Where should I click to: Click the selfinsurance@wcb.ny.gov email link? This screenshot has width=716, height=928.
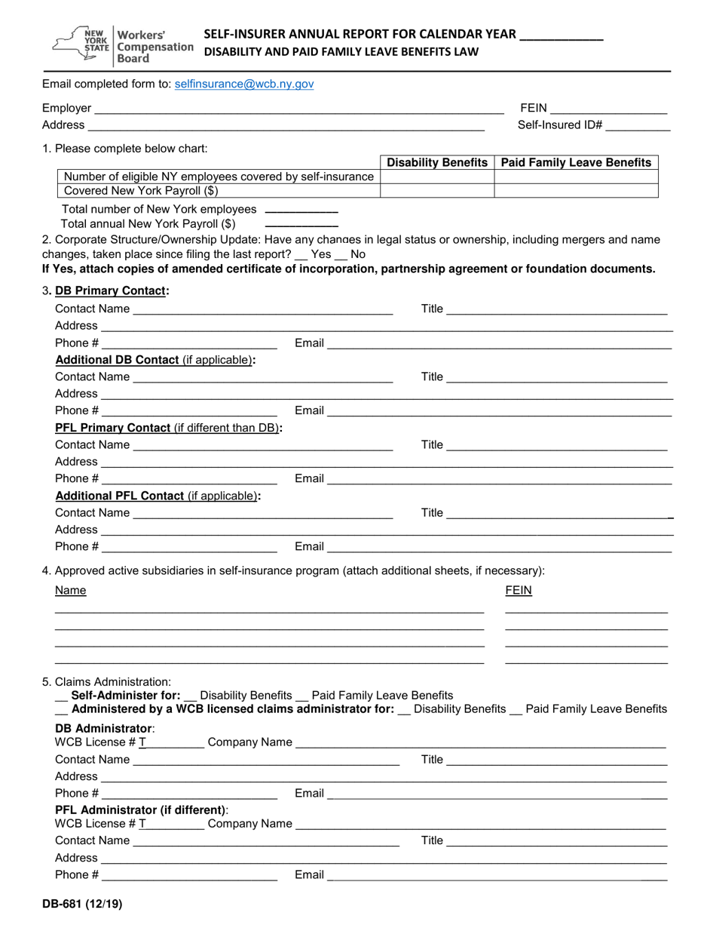tap(243, 85)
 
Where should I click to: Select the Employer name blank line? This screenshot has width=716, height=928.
tap(298, 109)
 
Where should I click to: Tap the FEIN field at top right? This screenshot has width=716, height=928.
tap(609, 109)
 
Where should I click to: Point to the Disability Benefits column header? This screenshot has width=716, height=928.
tap(437, 162)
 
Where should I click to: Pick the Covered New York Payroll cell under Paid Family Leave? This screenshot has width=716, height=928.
tap(576, 191)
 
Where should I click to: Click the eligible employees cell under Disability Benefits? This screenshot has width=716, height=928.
tap(437, 177)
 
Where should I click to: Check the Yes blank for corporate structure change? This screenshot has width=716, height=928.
tap(301, 256)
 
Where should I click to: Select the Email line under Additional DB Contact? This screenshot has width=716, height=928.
tap(499, 412)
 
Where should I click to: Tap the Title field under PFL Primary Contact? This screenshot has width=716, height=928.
tap(557, 446)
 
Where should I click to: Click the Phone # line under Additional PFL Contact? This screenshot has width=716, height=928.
tap(189, 548)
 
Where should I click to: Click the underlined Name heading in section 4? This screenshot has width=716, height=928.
tap(71, 590)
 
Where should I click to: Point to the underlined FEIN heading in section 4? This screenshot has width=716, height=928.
tap(519, 590)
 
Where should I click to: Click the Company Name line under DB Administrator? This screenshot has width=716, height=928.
tap(481, 743)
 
